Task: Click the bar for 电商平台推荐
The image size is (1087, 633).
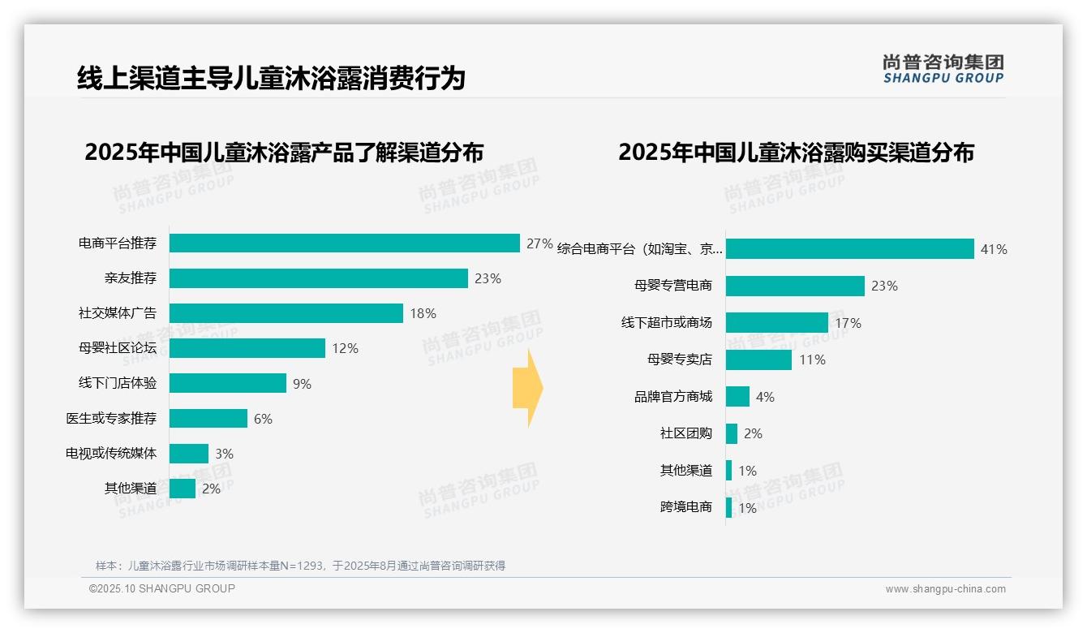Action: (345, 243)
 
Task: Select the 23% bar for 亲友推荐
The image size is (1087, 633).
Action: (319, 278)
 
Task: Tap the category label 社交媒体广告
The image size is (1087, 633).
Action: (118, 313)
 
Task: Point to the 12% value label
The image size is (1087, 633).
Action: (345, 348)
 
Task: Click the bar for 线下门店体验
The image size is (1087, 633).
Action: (228, 383)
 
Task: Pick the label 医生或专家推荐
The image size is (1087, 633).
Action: (111, 419)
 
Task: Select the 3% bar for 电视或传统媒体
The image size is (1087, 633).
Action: (189, 454)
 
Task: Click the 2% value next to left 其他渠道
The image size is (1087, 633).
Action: (211, 489)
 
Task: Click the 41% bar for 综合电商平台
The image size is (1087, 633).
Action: (849, 249)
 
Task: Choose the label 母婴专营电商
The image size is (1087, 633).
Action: (673, 286)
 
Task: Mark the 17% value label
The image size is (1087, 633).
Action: (848, 323)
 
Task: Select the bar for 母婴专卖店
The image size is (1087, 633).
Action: (758, 360)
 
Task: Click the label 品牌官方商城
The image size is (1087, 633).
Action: (673, 397)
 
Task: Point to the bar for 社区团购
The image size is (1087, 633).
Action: (732, 433)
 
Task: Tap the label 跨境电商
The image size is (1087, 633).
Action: (686, 507)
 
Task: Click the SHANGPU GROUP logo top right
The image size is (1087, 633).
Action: (943, 69)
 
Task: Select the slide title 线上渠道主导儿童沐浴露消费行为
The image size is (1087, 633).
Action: (271, 78)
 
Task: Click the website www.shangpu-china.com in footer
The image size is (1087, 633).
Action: (945, 589)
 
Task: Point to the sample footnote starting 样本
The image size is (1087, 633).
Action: (300, 566)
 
